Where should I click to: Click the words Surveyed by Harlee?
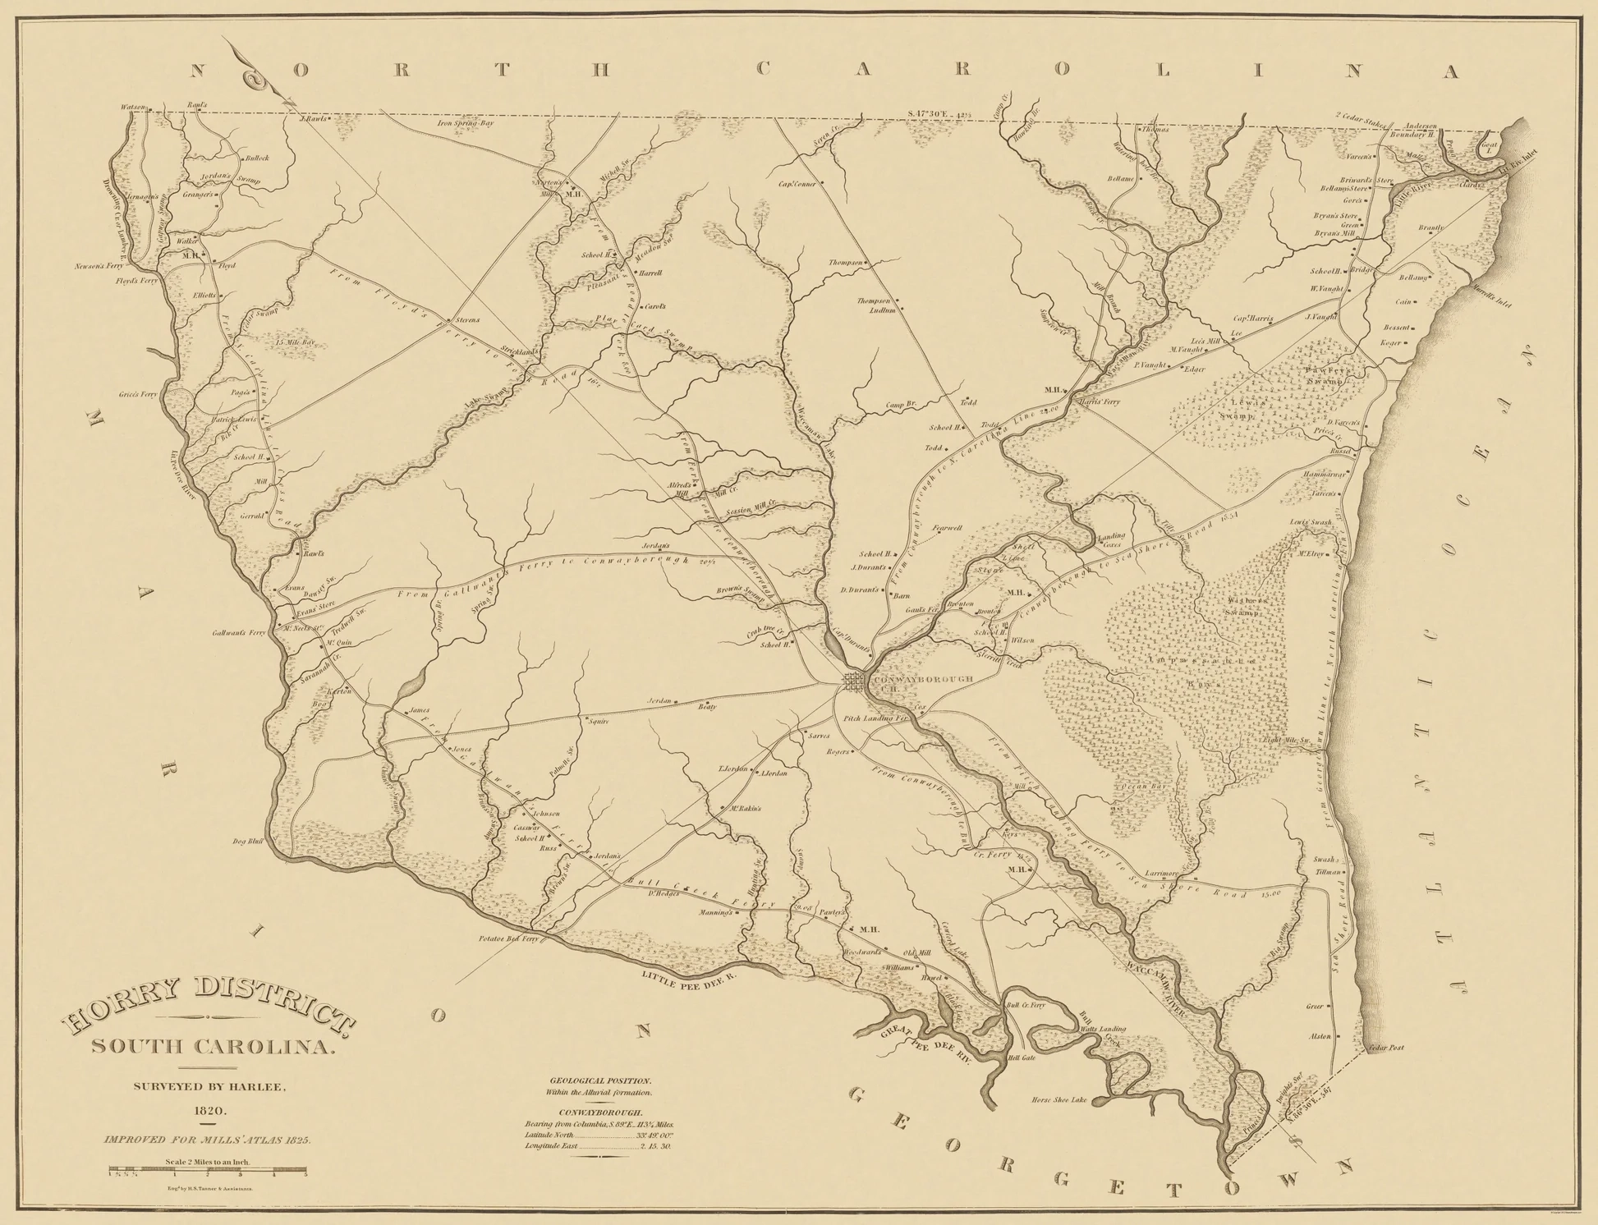tap(209, 1087)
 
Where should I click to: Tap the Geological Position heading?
tap(599, 1081)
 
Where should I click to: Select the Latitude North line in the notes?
tap(599, 1135)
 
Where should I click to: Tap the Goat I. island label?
tap(1488, 149)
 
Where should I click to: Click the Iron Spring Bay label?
tap(465, 123)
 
